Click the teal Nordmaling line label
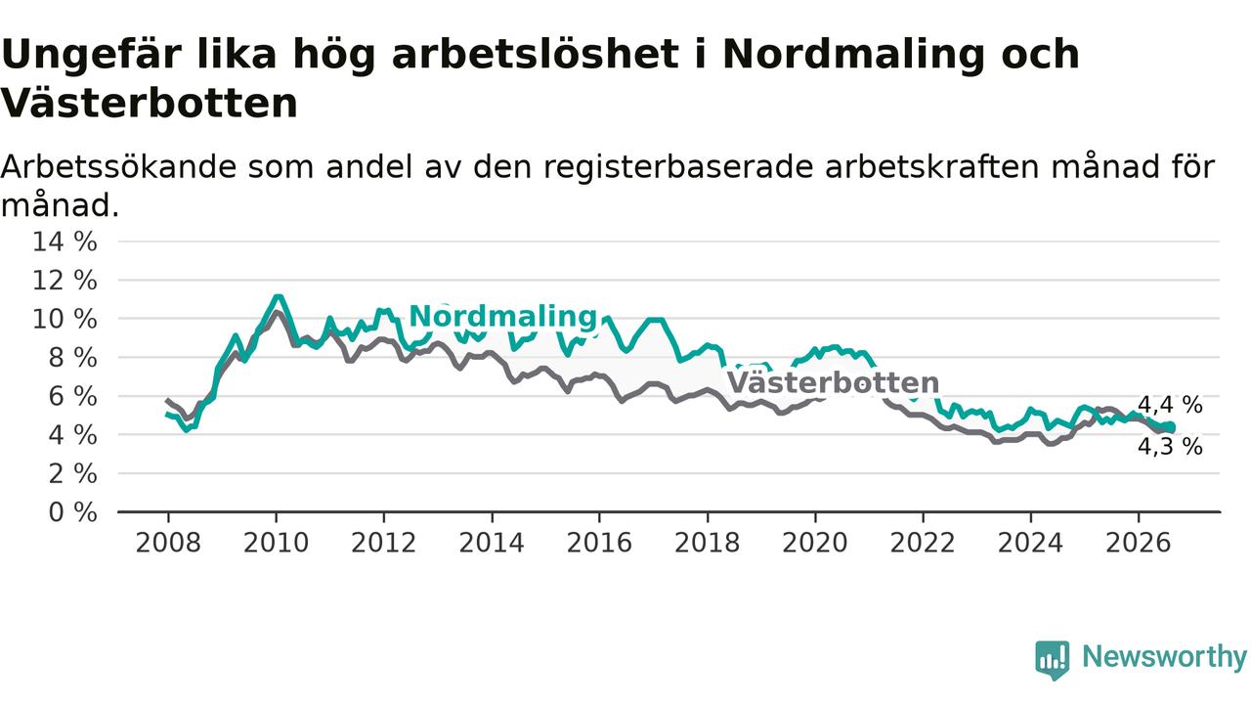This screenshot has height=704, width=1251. pyautogui.click(x=503, y=316)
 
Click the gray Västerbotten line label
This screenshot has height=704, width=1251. pyautogui.click(x=834, y=383)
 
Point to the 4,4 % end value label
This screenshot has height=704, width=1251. pyautogui.click(x=1170, y=405)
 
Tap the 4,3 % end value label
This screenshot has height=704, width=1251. pyautogui.click(x=1170, y=447)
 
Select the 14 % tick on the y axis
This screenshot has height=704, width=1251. pyautogui.click(x=65, y=242)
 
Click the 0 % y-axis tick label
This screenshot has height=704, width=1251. pyautogui.click(x=73, y=512)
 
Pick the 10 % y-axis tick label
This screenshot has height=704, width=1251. pyautogui.click(x=65, y=319)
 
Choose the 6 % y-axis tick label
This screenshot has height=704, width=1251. pyautogui.click(x=73, y=397)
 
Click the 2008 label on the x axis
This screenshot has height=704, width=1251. pyautogui.click(x=168, y=543)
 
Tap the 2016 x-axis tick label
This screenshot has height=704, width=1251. pyautogui.click(x=599, y=543)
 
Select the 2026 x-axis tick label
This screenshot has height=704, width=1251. pyautogui.click(x=1139, y=543)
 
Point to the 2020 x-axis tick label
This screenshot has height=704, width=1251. pyautogui.click(x=815, y=543)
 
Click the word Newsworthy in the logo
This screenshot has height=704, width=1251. pyautogui.click(x=1164, y=656)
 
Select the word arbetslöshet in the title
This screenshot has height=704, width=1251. pyautogui.click(x=536, y=54)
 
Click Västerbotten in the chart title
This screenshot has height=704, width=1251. pyautogui.click(x=150, y=104)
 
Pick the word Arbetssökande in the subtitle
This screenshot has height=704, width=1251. pyautogui.click(x=118, y=167)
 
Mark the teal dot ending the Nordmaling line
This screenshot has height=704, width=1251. pyautogui.click(x=1171, y=427)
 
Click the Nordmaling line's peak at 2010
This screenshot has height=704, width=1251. pyautogui.click(x=278, y=296)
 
